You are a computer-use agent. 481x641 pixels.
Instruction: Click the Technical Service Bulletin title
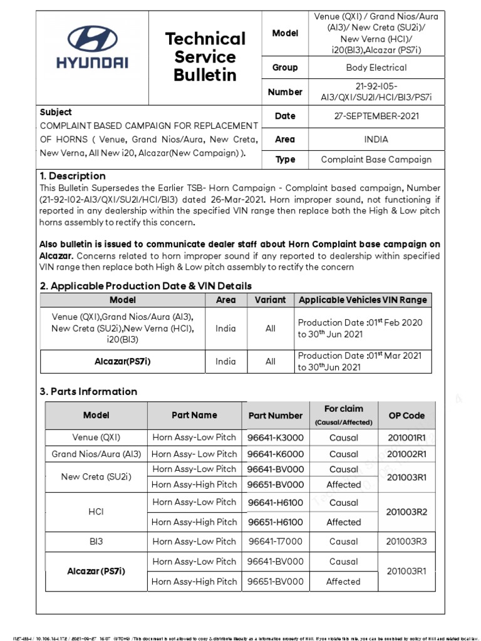click(205, 57)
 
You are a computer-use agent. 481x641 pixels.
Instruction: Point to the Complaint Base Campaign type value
click(376, 159)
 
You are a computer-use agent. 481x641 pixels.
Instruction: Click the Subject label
click(56, 112)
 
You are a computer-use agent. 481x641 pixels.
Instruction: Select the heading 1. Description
click(73, 176)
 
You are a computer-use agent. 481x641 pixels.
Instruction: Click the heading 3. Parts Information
click(88, 391)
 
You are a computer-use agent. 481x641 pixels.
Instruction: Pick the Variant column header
click(270, 300)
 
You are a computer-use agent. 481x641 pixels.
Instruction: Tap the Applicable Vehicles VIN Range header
click(363, 300)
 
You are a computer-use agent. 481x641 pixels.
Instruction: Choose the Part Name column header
click(194, 415)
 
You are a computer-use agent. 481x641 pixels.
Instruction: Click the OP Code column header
click(406, 415)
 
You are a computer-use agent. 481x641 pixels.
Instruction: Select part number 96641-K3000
click(275, 438)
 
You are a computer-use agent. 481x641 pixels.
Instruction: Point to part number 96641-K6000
click(275, 454)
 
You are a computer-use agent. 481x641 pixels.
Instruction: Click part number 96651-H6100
click(275, 522)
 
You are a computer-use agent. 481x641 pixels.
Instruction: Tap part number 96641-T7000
click(275, 541)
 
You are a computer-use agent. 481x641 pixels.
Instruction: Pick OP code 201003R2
click(406, 511)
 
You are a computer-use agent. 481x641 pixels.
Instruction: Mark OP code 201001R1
click(406, 438)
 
